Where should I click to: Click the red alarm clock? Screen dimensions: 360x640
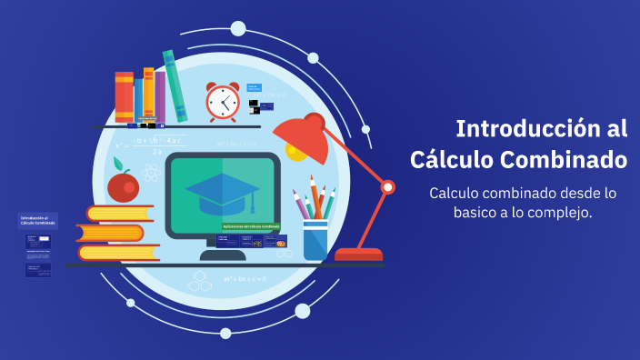tap(222, 102)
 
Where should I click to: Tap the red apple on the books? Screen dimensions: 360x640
tap(122, 186)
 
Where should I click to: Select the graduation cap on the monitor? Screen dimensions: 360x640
tap(222, 190)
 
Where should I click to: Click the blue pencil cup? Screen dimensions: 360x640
tap(315, 239)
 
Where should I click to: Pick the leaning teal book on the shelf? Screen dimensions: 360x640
tap(175, 86)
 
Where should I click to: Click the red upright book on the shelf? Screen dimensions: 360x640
tap(124, 97)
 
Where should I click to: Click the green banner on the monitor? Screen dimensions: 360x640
tap(251, 226)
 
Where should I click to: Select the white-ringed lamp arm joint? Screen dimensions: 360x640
tap(387, 187)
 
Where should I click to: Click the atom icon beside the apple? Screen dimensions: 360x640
tap(151, 172)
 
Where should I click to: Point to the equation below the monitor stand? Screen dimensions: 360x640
tap(245, 279)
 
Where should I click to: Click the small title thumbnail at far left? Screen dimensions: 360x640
tap(37, 220)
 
